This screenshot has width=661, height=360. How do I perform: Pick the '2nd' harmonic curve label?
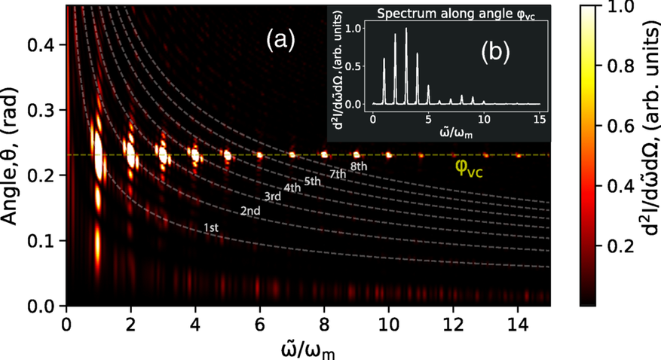[x=250, y=211]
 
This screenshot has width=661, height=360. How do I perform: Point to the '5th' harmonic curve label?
[x=313, y=182]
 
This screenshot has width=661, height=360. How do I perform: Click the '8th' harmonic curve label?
[x=358, y=166]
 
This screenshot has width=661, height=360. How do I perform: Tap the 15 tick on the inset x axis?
[x=540, y=118]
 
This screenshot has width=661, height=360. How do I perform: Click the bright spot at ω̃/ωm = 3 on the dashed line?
[x=163, y=154]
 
